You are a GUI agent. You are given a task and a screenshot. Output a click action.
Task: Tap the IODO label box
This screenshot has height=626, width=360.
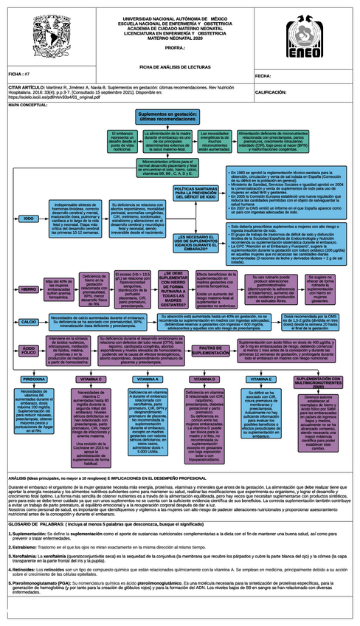[29, 219]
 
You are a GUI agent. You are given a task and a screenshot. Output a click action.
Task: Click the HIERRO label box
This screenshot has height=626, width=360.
[29, 289]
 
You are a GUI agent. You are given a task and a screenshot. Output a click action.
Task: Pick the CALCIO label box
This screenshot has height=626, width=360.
[29, 323]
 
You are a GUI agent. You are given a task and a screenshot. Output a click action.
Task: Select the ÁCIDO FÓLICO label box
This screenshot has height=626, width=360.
[29, 350]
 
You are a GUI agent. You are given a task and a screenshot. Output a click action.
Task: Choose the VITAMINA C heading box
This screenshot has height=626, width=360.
[89, 379]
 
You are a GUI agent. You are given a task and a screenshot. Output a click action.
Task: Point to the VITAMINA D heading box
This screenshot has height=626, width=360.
[204, 379]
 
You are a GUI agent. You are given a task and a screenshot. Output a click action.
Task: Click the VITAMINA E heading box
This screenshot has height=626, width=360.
[261, 379]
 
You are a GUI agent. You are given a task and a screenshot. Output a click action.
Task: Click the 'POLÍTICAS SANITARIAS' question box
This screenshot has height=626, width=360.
[195, 194]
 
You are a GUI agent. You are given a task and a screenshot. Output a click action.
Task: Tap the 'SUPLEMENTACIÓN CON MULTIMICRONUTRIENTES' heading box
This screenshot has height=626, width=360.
[319, 380]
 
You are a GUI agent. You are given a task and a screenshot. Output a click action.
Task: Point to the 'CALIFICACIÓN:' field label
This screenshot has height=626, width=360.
[270, 93]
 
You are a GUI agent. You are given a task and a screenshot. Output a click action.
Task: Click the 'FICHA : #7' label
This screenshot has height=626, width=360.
[19, 75]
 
